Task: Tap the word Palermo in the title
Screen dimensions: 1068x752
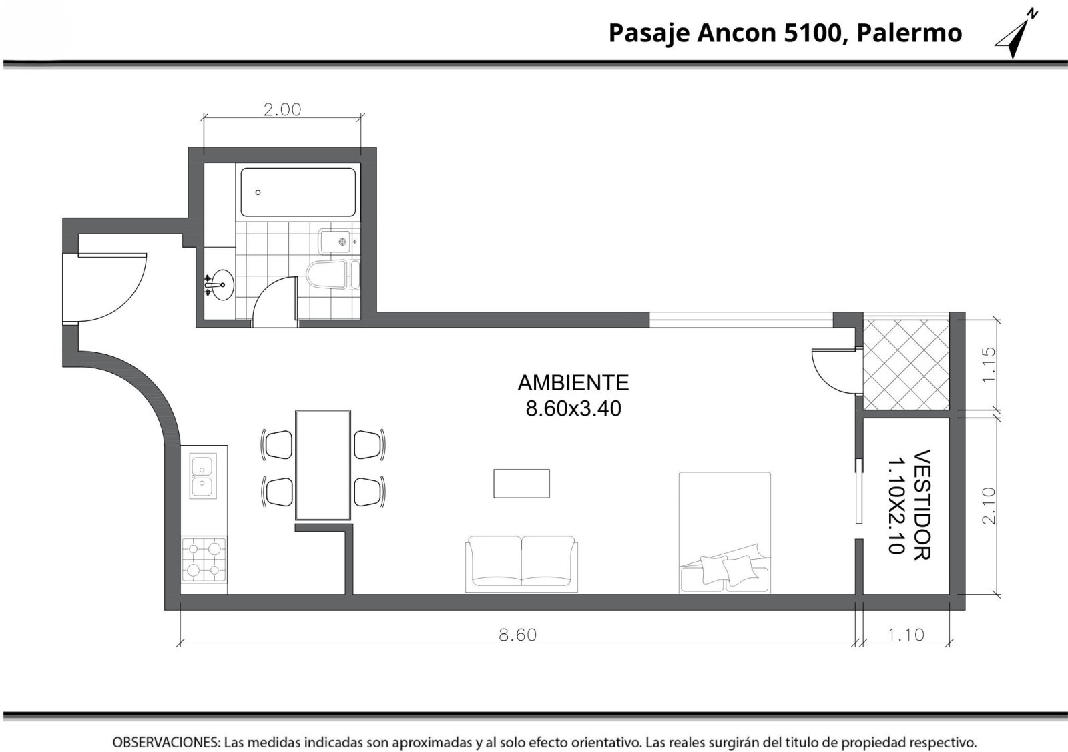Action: [909, 33]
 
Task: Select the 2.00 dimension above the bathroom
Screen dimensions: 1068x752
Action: [283, 110]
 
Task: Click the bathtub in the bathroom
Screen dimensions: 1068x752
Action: [298, 192]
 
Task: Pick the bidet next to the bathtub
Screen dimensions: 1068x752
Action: [336, 242]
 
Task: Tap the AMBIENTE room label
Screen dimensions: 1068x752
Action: [573, 382]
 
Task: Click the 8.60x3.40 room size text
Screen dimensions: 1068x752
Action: [573, 408]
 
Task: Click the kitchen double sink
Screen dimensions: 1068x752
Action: [203, 476]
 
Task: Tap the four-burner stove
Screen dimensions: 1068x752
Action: [204, 559]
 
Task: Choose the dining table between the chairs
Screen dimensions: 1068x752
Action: [323, 465]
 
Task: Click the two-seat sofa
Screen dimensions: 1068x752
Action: [521, 564]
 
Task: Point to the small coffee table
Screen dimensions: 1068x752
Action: [521, 484]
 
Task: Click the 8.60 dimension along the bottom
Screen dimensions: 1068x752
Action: [517, 635]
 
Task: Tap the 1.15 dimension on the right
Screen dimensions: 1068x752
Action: [989, 364]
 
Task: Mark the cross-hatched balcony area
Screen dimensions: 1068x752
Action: [906, 364]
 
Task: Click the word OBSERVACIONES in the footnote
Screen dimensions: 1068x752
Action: [166, 742]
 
